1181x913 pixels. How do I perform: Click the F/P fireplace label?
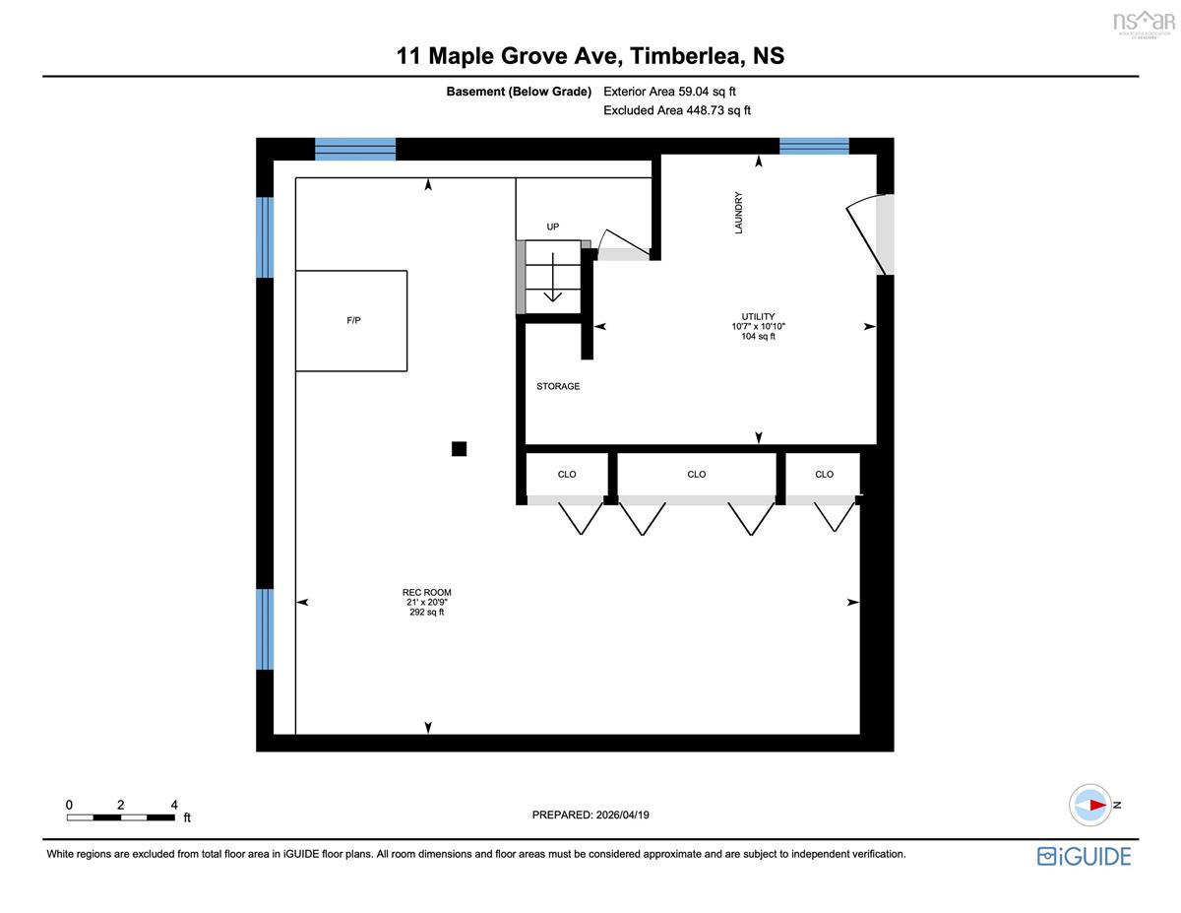click(x=353, y=320)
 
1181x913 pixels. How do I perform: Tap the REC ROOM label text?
click(x=427, y=592)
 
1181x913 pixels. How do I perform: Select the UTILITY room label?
click(x=758, y=316)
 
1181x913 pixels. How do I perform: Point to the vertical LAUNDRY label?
click(x=738, y=213)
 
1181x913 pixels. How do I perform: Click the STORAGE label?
click(x=558, y=386)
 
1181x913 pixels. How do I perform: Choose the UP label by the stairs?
click(x=553, y=227)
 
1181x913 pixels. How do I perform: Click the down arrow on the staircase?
click(x=553, y=277)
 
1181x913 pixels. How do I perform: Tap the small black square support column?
click(x=459, y=448)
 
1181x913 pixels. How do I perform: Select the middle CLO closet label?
click(x=696, y=474)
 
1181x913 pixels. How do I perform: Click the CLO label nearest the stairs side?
click(x=567, y=474)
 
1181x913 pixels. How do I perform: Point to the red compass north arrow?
click(x=1098, y=805)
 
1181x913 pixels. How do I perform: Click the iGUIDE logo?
click(x=1085, y=857)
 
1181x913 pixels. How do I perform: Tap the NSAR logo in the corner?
click(x=1144, y=24)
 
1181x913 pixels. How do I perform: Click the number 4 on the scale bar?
click(x=174, y=805)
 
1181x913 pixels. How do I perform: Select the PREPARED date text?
click(x=590, y=815)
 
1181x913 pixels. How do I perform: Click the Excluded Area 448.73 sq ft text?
click(x=677, y=110)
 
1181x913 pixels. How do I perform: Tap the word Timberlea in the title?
click(x=688, y=56)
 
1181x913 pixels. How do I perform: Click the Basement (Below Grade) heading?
click(x=519, y=92)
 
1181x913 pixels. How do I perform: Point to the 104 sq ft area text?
click(x=758, y=337)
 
